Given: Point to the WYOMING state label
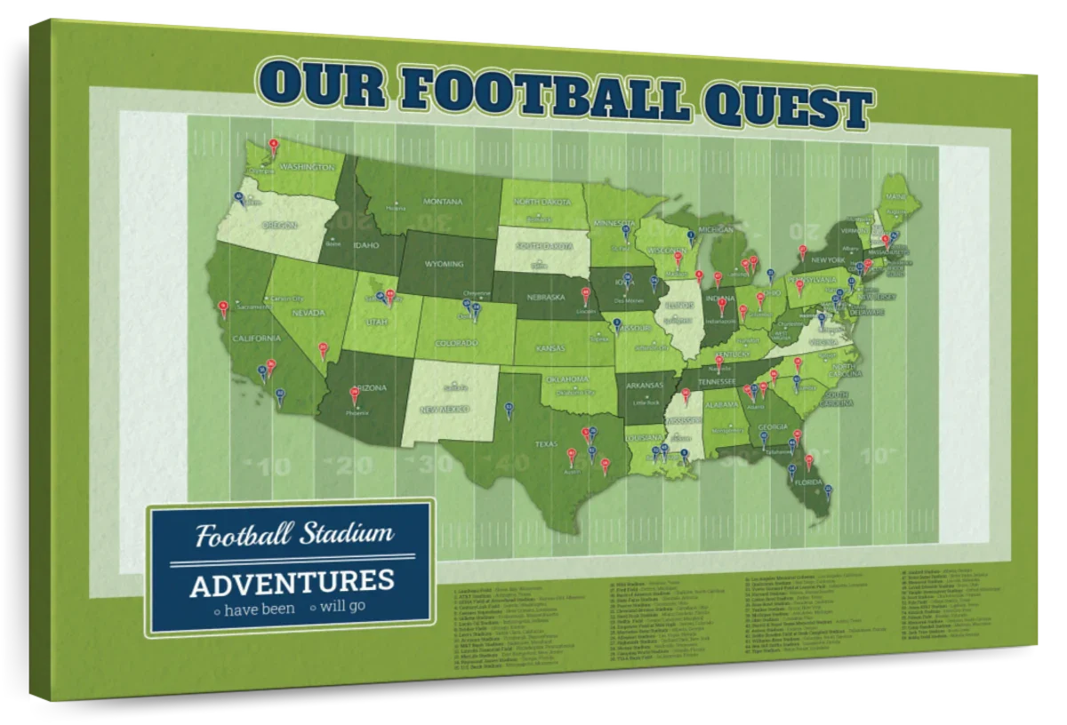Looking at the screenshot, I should pos(445,264).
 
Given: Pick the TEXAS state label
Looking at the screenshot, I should pos(544,442).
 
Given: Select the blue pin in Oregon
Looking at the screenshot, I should pos(238,199).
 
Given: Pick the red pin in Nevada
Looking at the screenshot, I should pos(323,348).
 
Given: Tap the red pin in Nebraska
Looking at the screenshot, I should pos(585,293).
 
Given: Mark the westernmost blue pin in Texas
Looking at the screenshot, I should pos(509,410).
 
